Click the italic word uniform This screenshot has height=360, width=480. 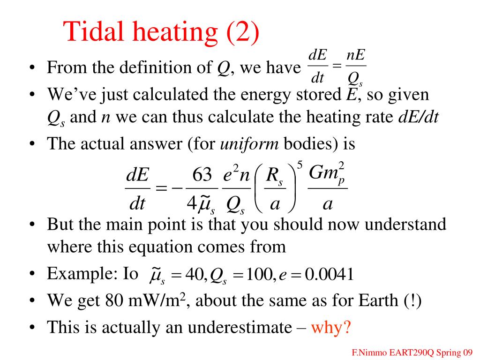pos(249,144)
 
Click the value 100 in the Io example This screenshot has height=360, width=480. pos(255,275)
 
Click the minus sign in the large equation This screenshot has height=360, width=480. pos(177,188)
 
